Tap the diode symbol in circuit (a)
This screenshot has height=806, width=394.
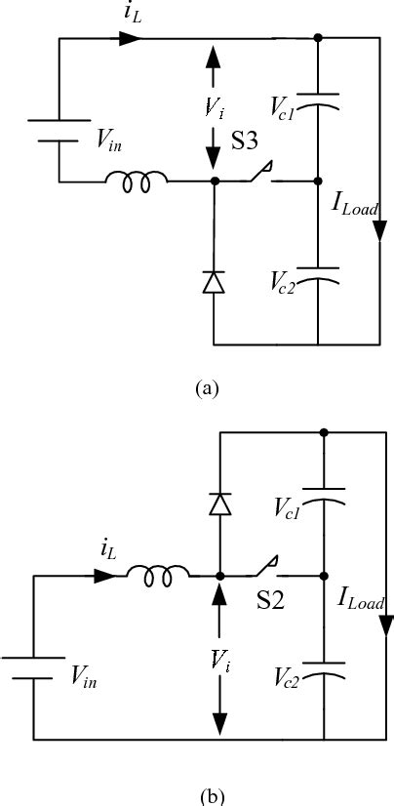coord(214,282)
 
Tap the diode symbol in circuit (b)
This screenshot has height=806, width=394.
coord(219,504)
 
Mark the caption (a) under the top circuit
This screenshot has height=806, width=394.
coord(206,387)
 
